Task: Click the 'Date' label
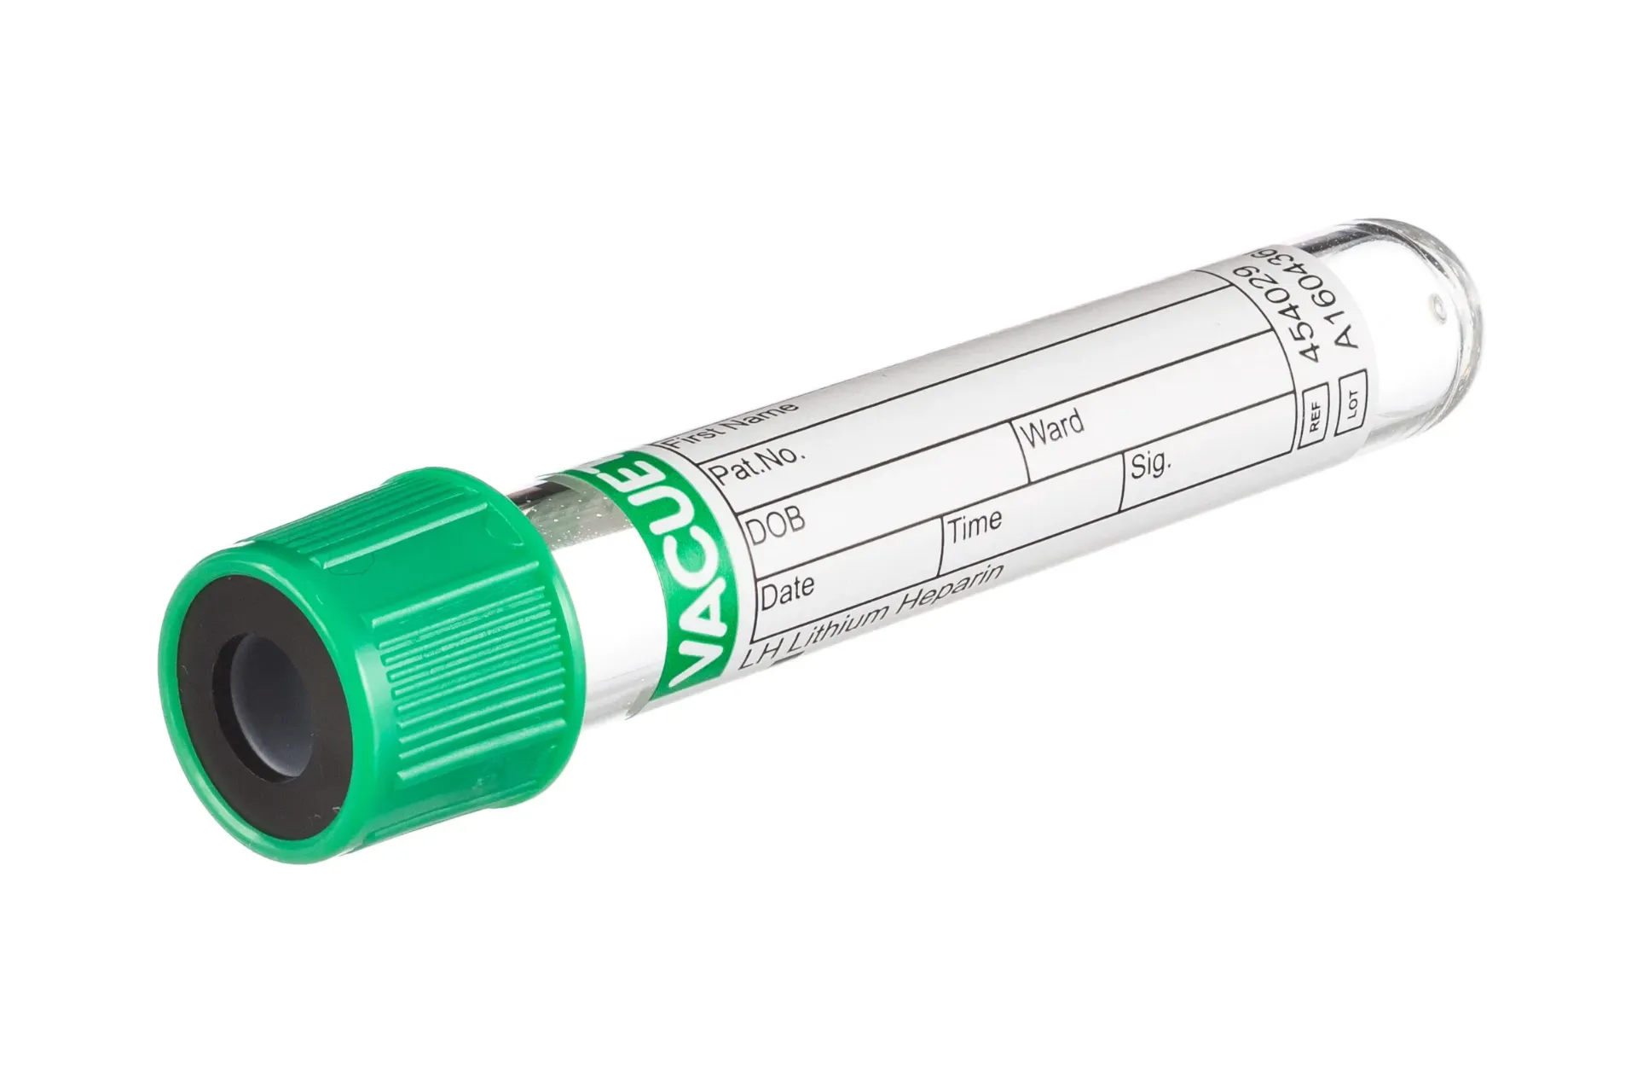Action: (x=787, y=589)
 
